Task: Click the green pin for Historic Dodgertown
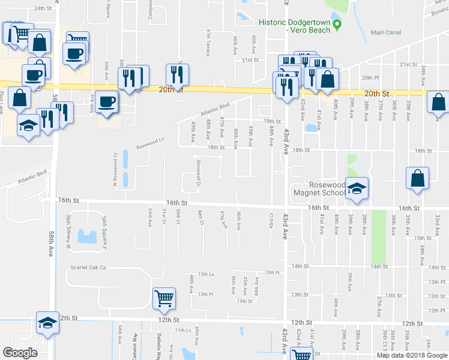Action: (x=337, y=25)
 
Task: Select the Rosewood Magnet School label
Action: (x=319, y=189)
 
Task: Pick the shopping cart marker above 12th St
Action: (x=164, y=298)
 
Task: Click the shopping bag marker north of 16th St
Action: (x=417, y=178)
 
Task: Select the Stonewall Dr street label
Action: (x=197, y=168)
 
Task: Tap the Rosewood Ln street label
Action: (x=149, y=145)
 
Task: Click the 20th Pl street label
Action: (x=368, y=78)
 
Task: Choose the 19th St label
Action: (x=274, y=122)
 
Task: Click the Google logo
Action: (x=20, y=352)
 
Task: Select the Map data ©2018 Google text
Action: (x=412, y=355)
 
